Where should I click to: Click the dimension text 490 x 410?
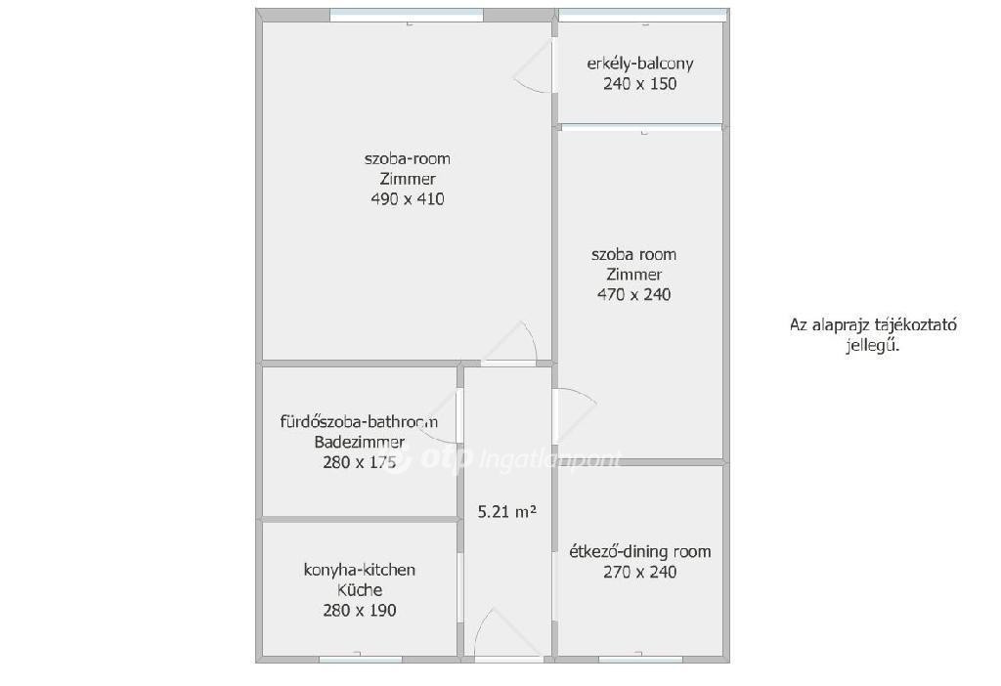point(408,199)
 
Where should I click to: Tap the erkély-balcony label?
point(639,64)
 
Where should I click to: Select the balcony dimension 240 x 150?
point(639,84)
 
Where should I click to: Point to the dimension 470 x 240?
point(633,294)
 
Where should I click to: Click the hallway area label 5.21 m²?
point(507,511)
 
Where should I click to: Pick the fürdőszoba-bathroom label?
point(359,421)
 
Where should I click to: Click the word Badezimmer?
point(360,442)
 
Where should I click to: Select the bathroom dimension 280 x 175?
point(360,462)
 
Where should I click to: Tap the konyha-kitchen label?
point(360,570)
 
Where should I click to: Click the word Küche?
point(360,589)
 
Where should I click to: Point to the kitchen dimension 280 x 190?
point(360,610)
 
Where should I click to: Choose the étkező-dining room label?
point(639,551)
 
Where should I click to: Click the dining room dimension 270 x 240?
point(639,572)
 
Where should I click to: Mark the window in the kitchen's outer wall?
point(360,659)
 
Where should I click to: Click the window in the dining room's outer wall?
point(640,659)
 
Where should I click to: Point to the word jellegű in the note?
point(873,347)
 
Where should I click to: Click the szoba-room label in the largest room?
point(408,158)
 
